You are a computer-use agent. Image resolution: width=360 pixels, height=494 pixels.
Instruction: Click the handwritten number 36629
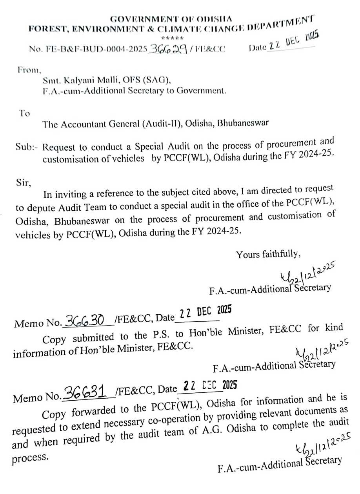[166, 49]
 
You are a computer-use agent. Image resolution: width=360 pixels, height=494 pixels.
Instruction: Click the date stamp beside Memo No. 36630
[205, 313]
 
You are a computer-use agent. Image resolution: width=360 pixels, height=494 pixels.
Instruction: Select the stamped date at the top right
[292, 43]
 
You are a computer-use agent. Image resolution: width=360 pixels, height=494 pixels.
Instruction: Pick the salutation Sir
[22, 182]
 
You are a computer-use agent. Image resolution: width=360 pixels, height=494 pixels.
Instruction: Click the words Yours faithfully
[268, 254]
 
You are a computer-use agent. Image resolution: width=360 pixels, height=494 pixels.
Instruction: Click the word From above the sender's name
[29, 71]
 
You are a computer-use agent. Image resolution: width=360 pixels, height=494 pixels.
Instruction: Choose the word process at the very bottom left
[30, 458]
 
